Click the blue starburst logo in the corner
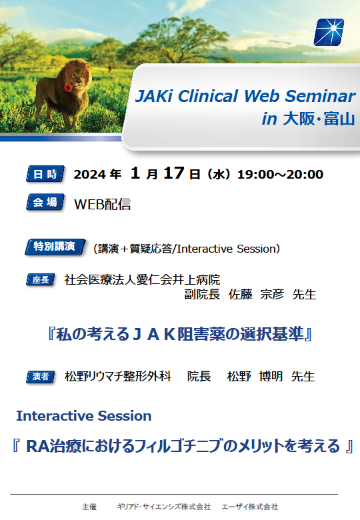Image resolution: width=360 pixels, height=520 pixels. (329, 32)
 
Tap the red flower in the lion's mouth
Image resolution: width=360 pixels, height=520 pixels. (67, 87)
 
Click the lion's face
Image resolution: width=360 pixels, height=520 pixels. (78, 76)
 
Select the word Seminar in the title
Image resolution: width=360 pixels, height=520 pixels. (320, 96)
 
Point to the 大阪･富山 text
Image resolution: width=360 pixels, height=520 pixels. (319, 119)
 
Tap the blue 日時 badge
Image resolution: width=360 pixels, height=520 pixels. (45, 174)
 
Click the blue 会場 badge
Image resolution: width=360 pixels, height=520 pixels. (45, 202)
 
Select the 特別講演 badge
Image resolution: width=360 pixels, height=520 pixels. (55, 247)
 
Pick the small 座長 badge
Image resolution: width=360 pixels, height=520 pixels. (41, 279)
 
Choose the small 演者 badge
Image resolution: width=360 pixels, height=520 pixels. (41, 377)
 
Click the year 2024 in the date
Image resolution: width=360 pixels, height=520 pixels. (89, 175)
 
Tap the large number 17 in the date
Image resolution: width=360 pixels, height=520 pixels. (174, 173)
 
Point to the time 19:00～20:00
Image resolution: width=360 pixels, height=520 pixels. (281, 175)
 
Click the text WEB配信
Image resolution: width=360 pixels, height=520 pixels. (103, 204)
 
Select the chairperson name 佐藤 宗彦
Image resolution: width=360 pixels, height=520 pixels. (256, 294)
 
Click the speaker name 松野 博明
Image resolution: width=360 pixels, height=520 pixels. (255, 377)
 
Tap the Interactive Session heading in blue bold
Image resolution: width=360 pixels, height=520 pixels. (84, 416)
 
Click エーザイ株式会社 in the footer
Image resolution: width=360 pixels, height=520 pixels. (250, 507)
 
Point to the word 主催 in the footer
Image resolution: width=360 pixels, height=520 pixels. (89, 507)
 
